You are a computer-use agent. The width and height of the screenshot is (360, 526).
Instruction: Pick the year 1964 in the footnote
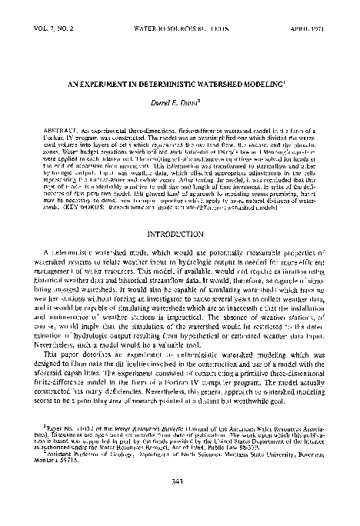click(x=198, y=444)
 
